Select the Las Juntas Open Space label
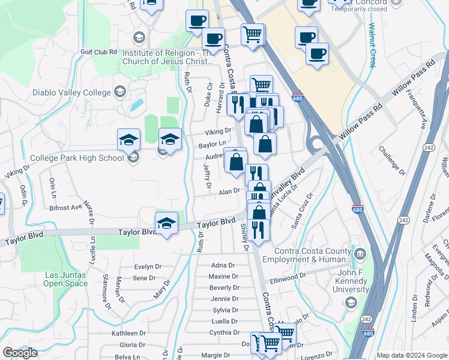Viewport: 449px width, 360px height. (x=66, y=279)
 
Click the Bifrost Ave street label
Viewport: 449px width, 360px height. (x=65, y=207)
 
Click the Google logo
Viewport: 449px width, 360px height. (x=20, y=353)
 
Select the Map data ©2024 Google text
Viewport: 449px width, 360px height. (x=411, y=355)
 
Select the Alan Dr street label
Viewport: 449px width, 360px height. (x=229, y=191)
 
